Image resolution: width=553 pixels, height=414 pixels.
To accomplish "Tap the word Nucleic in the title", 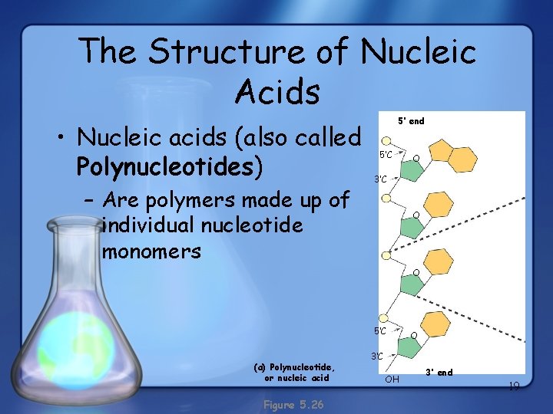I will pos(418,52).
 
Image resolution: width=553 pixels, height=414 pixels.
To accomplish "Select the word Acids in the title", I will pos(276,92).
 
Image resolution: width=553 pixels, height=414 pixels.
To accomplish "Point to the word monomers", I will pos(151,251).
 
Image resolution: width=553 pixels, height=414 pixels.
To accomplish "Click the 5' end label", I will pos(410,121).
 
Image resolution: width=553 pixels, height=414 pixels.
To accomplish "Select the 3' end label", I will pos(439,373).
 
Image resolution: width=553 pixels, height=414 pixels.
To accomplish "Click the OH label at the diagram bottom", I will pos(392,379).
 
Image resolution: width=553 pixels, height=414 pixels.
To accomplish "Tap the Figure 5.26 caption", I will pos(293,404).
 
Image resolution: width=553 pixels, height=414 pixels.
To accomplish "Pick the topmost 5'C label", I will pos(386,154).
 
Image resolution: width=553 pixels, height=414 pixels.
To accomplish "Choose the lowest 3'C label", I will pos(377,356).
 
